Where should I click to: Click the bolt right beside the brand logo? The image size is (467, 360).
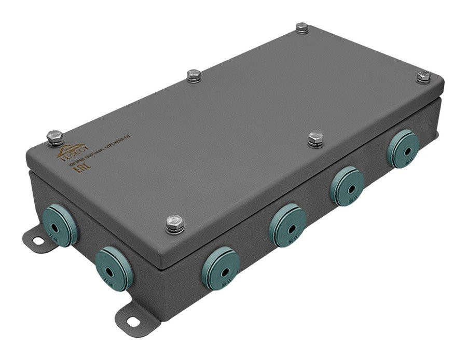pos(54,137)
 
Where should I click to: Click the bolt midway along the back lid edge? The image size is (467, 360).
pos(194,76)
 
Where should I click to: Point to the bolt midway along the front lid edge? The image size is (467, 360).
pos(315,139)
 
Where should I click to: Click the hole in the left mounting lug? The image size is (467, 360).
pos(38,240)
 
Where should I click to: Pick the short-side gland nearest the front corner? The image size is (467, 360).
pos(111,262)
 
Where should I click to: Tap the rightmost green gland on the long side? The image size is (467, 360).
pos(403,148)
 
